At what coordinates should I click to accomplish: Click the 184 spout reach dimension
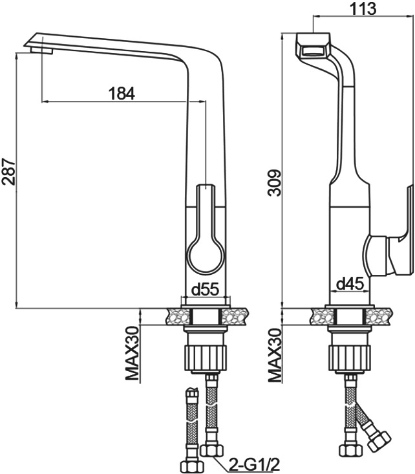tap(122, 93)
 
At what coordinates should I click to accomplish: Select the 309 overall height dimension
tap(275, 183)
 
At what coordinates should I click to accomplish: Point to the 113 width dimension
tap(363, 8)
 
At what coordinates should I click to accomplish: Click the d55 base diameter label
tap(205, 290)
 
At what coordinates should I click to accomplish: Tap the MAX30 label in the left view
tap(132, 354)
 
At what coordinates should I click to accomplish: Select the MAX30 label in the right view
tap(275, 355)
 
